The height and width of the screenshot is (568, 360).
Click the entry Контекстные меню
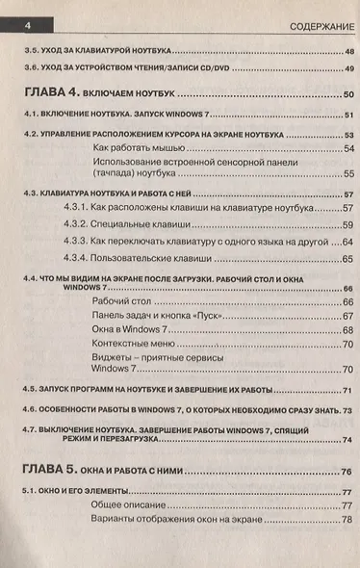point(132,343)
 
